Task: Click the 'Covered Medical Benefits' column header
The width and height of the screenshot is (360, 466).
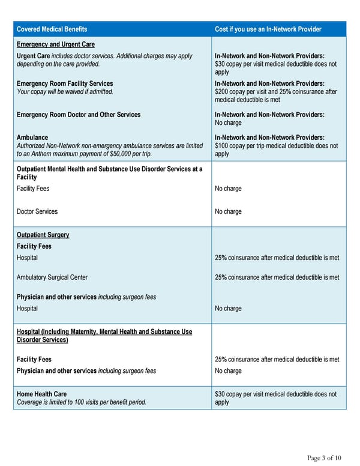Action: tap(52, 29)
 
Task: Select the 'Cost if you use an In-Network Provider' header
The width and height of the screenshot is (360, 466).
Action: tap(268, 29)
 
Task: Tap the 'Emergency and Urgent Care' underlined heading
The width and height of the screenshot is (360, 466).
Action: tap(55, 44)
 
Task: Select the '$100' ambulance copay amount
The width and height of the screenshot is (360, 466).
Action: tap(222, 146)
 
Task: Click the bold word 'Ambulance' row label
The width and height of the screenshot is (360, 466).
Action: tap(32, 138)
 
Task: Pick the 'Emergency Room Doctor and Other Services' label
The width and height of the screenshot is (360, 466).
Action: tap(79, 115)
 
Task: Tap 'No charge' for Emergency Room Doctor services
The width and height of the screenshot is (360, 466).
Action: tap(228, 123)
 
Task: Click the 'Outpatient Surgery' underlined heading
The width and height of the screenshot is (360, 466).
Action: tap(43, 235)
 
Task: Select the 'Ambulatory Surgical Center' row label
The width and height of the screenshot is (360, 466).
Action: tap(52, 277)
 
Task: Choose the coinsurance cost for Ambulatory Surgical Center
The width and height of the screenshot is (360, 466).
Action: tap(277, 277)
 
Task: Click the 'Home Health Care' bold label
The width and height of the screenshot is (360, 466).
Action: tap(41, 394)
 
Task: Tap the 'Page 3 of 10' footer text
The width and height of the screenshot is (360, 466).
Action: tap(325, 458)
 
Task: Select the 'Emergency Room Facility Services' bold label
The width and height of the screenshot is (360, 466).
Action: tap(65, 83)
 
